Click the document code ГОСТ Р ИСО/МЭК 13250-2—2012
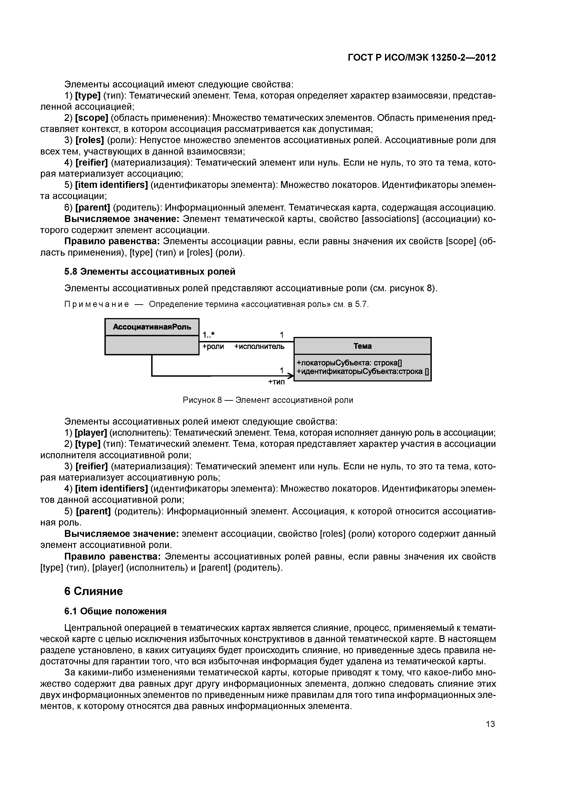tap(422, 58)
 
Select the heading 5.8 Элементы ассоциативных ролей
tap(150, 271)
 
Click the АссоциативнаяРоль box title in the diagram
tap(152, 327)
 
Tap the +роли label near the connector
tap(213, 346)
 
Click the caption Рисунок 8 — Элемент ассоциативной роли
tap(268, 400)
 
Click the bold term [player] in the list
tap(91, 433)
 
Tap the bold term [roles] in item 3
tap(89, 140)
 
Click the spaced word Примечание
tap(97, 304)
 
